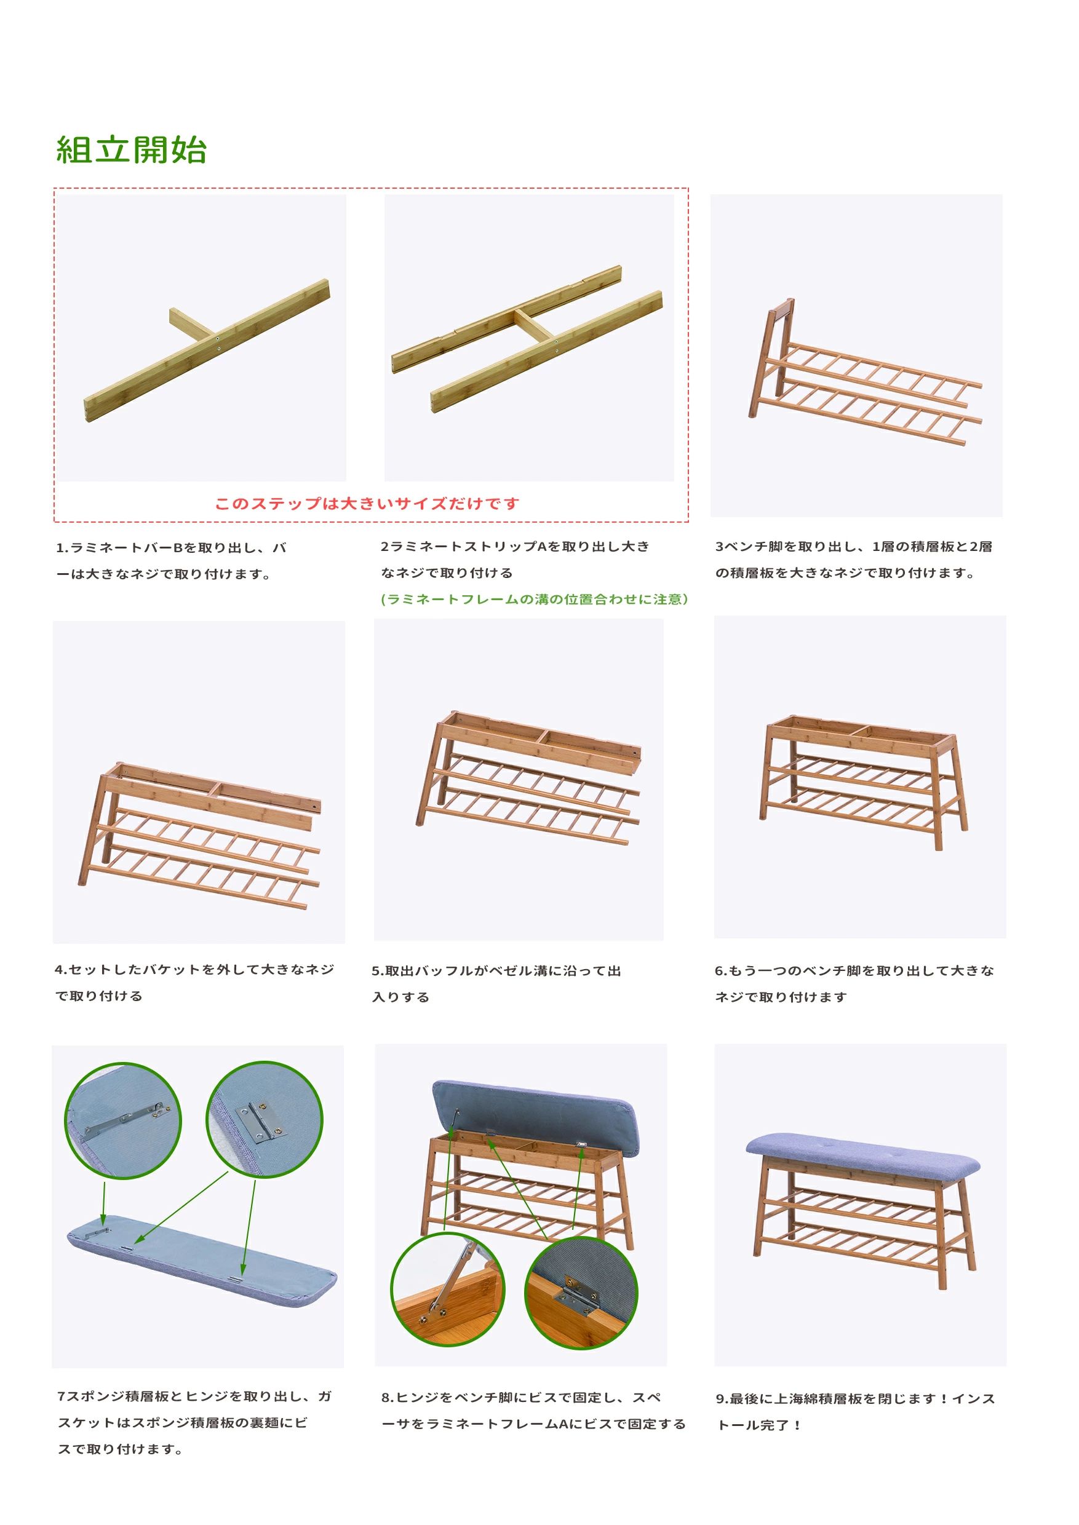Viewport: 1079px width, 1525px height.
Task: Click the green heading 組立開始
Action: coord(132,149)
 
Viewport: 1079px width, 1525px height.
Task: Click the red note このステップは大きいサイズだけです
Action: coord(366,504)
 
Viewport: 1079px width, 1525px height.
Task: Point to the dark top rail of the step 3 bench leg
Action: coord(782,307)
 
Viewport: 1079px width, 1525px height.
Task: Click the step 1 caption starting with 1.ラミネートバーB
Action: coord(171,561)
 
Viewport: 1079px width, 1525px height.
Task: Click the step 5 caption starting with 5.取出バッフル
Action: coord(496,984)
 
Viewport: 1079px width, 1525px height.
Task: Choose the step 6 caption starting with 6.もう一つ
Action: coord(854,984)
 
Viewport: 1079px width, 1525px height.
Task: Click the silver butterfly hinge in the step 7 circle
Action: coord(256,1120)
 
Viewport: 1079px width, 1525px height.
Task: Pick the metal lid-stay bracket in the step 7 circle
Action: coord(126,1119)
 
